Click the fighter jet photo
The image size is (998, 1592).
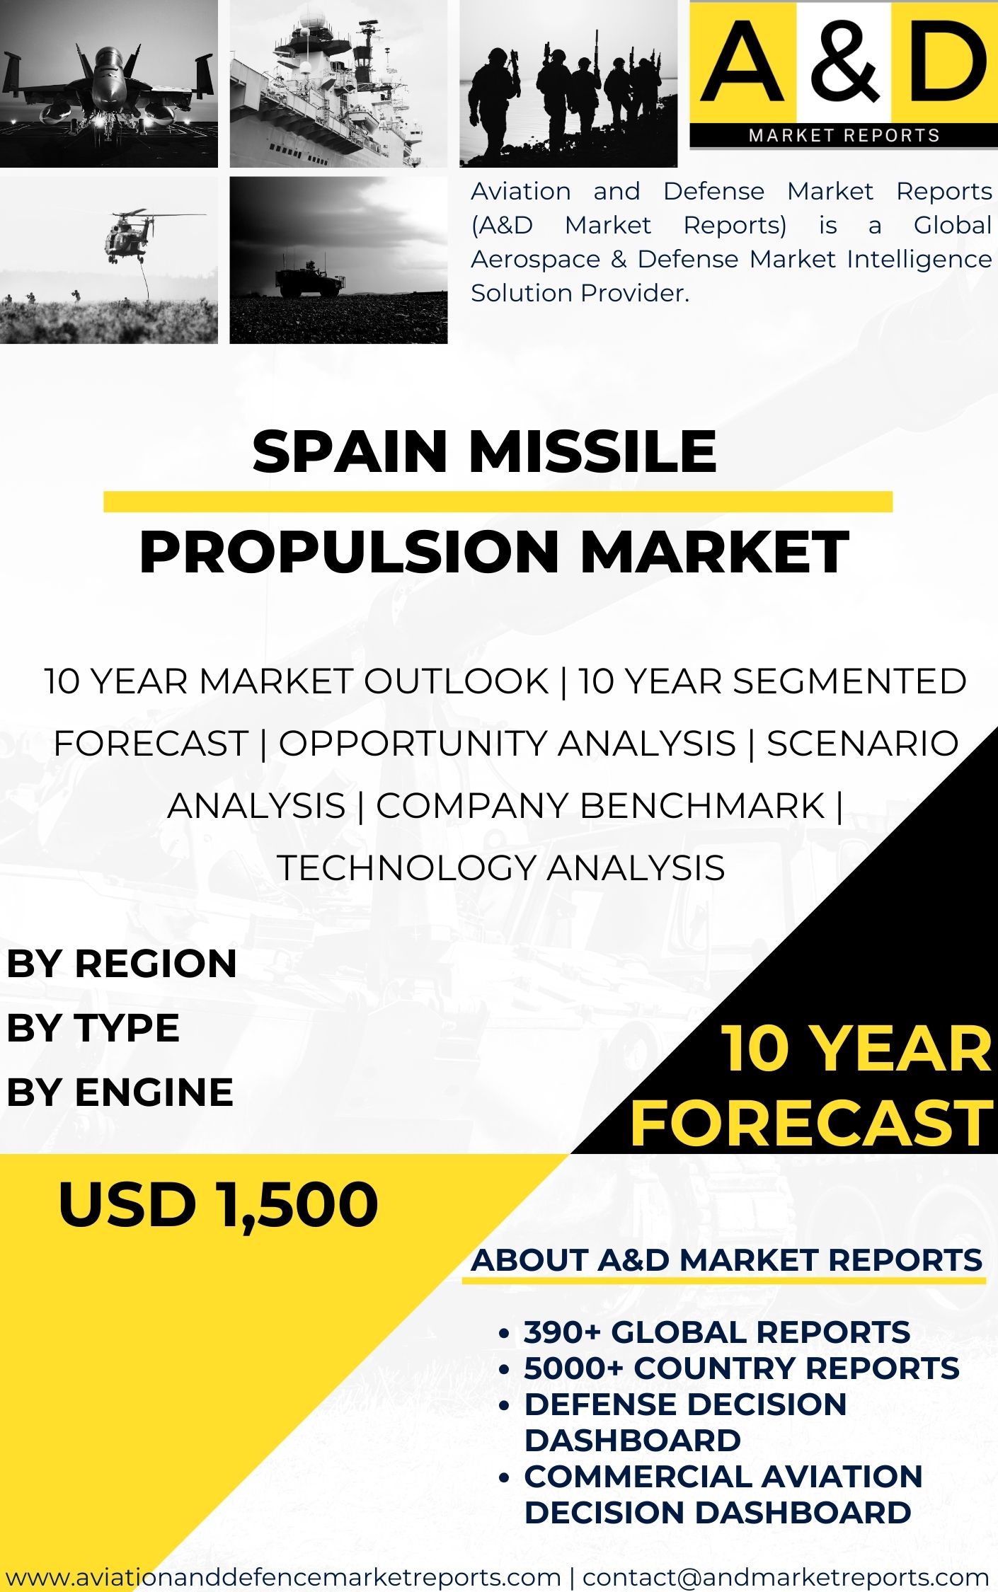[x=108, y=83]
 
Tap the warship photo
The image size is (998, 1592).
[x=338, y=83]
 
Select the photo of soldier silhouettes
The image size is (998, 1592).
[x=568, y=83]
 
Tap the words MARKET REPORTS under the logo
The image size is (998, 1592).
[x=844, y=135]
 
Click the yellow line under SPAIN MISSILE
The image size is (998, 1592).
[x=498, y=501]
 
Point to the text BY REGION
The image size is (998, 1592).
[x=122, y=964]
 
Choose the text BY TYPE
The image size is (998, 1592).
[x=93, y=1027]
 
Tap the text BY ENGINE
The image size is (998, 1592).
[x=120, y=1092]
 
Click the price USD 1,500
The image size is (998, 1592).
[x=218, y=1204]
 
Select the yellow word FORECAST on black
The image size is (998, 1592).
[x=811, y=1123]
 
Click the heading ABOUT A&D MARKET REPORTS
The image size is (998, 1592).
[x=726, y=1260]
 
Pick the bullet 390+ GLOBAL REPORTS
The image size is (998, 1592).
[x=716, y=1332]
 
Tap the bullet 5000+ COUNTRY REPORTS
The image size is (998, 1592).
[x=741, y=1368]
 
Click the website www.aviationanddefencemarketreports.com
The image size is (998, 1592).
[x=283, y=1576]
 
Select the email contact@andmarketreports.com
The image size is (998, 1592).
[x=785, y=1576]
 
